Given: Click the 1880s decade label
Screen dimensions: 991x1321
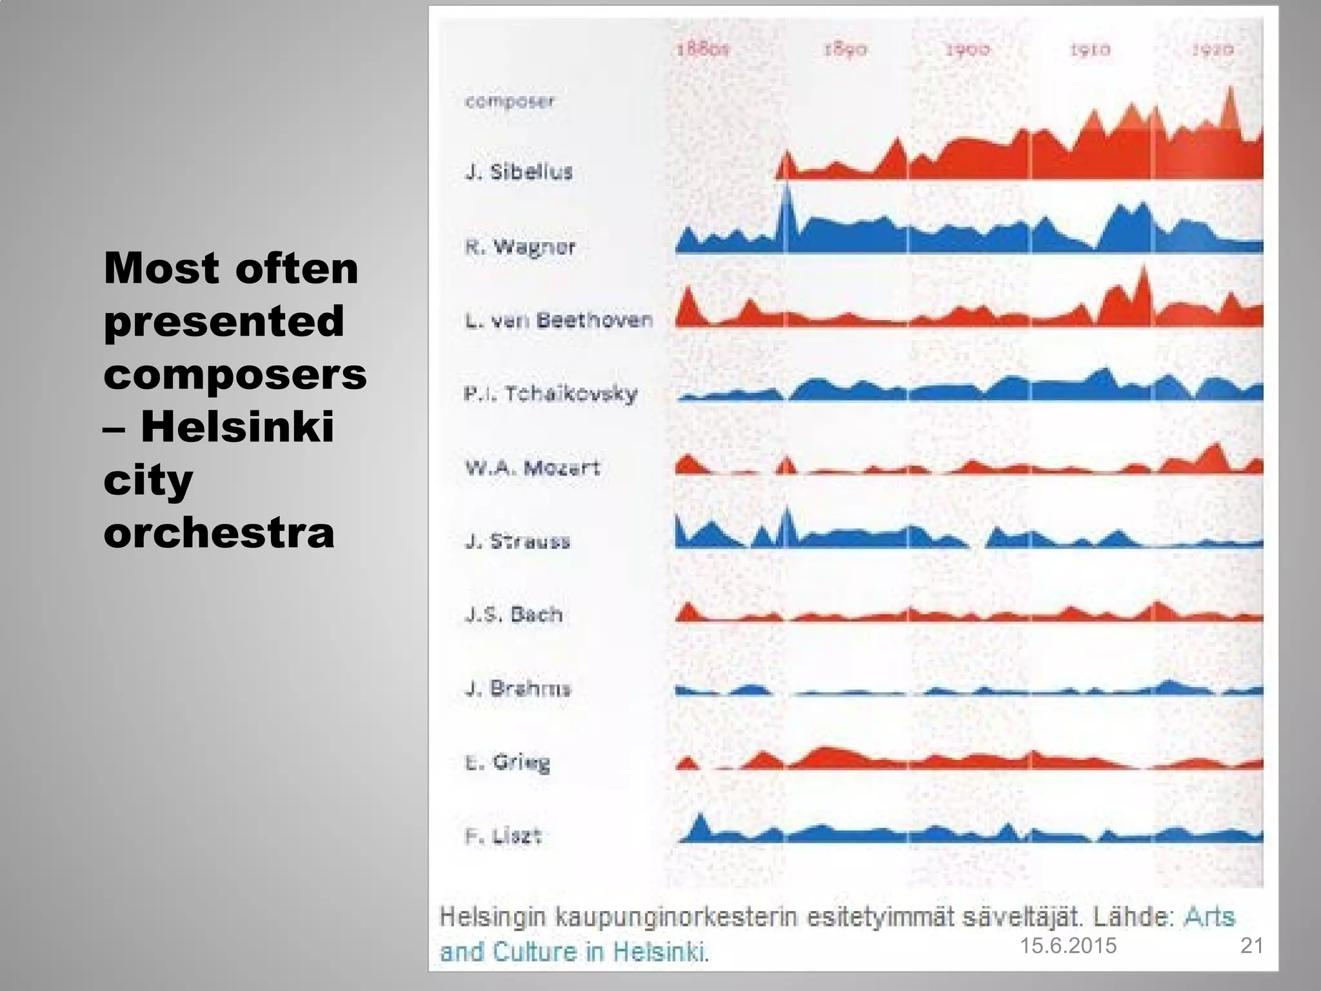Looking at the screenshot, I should (702, 49).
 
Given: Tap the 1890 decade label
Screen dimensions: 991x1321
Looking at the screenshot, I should (845, 50).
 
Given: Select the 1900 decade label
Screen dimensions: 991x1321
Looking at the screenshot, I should (967, 50).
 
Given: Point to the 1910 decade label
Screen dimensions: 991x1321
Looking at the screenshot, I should (1089, 50).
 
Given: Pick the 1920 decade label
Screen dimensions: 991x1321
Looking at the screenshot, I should (1212, 50).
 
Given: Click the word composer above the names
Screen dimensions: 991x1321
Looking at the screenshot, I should (510, 101).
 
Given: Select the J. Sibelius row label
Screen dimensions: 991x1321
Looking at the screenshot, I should (519, 172).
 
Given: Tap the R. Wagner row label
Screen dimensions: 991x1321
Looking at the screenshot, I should (520, 246).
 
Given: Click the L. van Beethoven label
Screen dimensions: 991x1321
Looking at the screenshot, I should (559, 320).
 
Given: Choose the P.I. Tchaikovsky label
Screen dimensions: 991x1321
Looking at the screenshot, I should (551, 394).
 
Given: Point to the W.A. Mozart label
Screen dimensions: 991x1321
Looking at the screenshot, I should (532, 467).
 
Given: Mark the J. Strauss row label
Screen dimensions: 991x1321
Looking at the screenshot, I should (517, 541).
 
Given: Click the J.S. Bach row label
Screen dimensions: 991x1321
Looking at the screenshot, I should (513, 614).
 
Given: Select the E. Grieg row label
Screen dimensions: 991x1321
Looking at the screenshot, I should (508, 762).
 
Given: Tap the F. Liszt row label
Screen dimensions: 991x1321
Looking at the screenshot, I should (503, 836).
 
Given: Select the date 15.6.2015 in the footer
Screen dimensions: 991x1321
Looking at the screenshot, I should (1068, 946).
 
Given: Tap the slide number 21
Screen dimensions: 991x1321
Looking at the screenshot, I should (1251, 946).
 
